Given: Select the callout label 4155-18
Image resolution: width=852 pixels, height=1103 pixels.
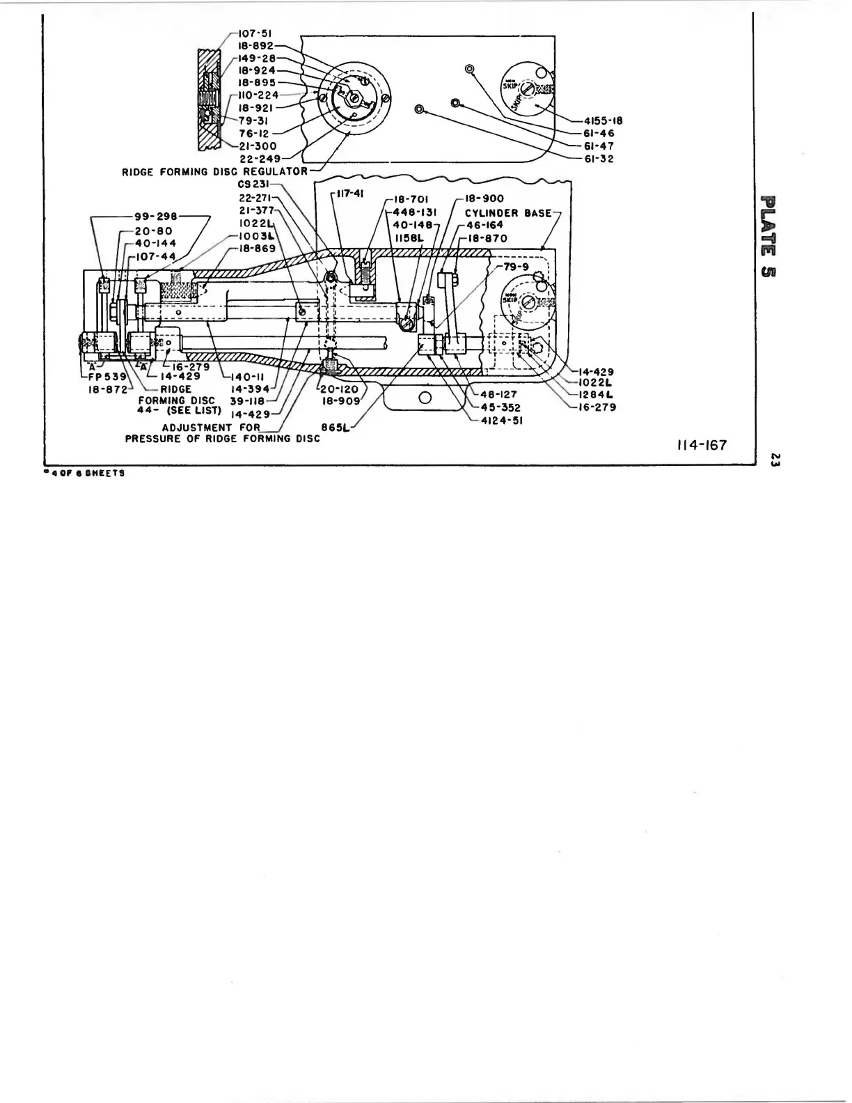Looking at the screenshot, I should click(603, 120).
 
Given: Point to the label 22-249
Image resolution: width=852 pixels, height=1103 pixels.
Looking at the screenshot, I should click(260, 159).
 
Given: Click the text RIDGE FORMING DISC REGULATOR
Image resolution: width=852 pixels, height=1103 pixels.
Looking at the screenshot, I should click(214, 171).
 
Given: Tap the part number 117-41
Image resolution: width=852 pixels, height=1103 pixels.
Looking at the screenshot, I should click(348, 194).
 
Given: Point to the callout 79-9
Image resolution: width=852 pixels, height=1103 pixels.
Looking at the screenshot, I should click(516, 266).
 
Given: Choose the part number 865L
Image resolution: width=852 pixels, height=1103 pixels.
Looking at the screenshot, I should click(334, 427).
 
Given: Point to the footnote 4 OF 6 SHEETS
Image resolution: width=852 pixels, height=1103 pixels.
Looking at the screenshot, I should click(86, 473).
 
